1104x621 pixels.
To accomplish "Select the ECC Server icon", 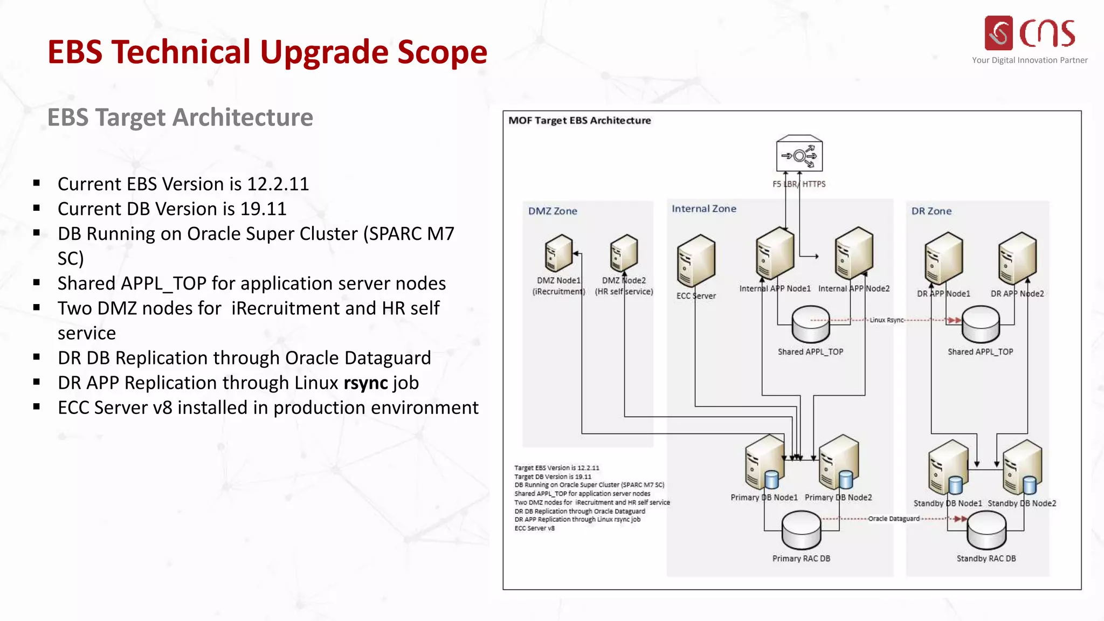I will pyautogui.click(x=696, y=261).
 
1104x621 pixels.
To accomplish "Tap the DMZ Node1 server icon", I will pyautogui.click(x=558, y=253).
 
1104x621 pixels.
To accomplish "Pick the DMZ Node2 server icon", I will pyautogui.click(x=624, y=253).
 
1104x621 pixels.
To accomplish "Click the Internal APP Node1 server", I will pyautogui.click(x=775, y=252).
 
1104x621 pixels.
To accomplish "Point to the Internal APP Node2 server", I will pyautogui.click(x=854, y=252).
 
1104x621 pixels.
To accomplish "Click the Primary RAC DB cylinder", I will pyautogui.click(x=802, y=530).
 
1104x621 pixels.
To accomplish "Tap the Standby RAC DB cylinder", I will pyautogui.click(x=986, y=530).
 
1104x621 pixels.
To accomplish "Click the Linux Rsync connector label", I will pyautogui.click(x=886, y=320).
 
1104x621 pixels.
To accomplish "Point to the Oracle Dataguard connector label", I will pyautogui.click(x=894, y=519).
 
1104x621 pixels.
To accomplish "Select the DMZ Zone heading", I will pyautogui.click(x=553, y=211).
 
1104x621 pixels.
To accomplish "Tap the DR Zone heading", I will pyautogui.click(x=931, y=211).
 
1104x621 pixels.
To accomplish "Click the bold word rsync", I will pyautogui.click(x=366, y=383).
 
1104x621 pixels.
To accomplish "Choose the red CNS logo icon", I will pyautogui.click(x=998, y=33).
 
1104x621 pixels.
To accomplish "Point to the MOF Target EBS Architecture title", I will pyautogui.click(x=579, y=121).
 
